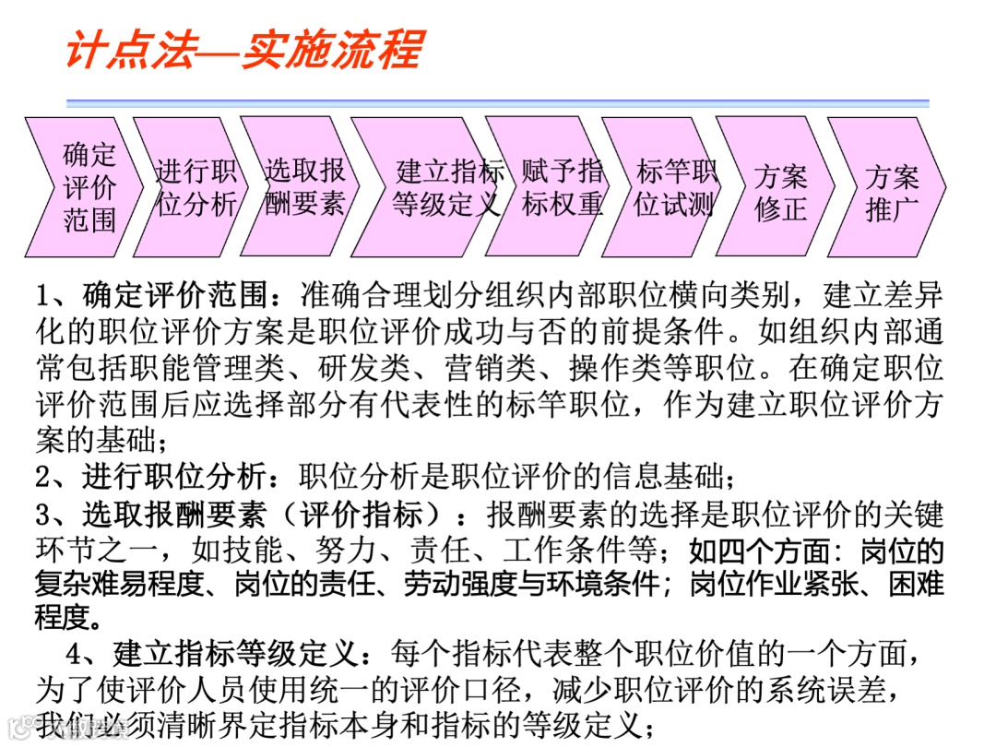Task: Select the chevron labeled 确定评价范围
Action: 89,186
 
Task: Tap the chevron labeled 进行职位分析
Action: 195,186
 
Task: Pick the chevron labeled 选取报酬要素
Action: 304,186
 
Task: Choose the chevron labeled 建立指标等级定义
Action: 447,186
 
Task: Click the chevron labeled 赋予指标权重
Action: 562,186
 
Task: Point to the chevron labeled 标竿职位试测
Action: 675,186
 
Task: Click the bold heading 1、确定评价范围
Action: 158,297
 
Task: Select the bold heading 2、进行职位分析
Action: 158,477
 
